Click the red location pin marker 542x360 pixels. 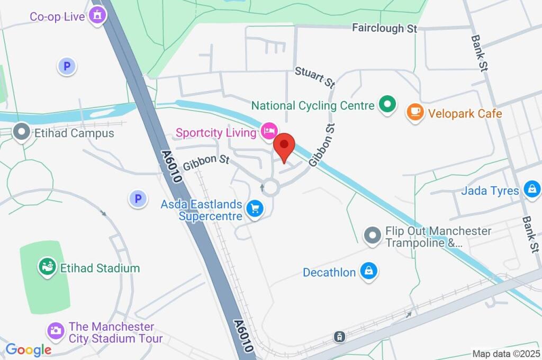point(285,146)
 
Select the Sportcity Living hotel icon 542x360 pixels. point(269,131)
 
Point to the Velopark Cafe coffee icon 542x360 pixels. point(415,112)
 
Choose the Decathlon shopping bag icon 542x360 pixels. point(368,272)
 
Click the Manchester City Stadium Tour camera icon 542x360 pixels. point(55,331)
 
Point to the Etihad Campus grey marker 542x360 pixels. point(22,132)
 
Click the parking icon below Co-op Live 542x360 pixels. point(67,66)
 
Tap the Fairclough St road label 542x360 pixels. point(385,28)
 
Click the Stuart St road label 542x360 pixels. point(315,77)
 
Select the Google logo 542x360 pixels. point(28,349)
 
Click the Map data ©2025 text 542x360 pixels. point(506,354)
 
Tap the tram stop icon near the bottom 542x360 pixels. point(339,336)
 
